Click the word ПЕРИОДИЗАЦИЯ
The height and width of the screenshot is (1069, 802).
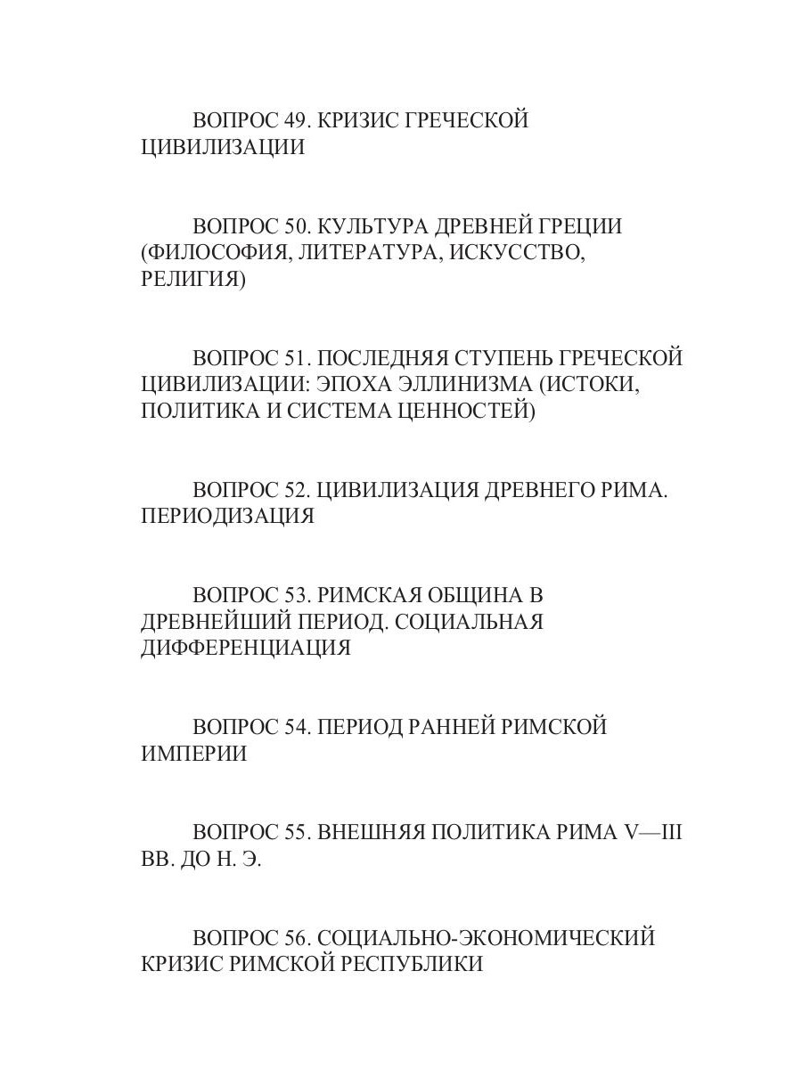(x=227, y=517)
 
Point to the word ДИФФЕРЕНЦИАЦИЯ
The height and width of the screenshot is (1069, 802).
(x=245, y=649)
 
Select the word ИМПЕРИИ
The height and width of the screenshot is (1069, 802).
(x=193, y=754)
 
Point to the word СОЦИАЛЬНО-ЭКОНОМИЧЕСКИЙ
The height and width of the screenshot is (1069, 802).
(x=486, y=938)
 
